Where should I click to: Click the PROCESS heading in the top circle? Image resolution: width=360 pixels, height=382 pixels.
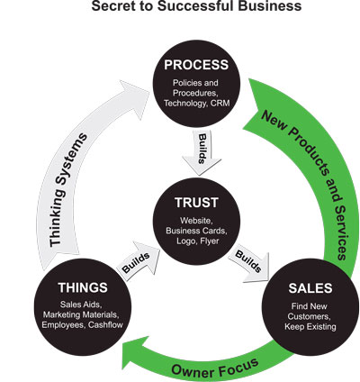tap(196, 65)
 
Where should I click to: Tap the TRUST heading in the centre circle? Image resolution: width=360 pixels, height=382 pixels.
tap(196, 203)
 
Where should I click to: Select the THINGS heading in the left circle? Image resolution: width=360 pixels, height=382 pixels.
tap(83, 287)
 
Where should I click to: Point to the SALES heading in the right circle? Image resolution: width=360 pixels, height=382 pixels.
tap(310, 288)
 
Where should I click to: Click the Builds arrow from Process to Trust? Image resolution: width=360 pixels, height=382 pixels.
tap(202, 152)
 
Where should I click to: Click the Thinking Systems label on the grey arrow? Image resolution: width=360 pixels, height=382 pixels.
tap(67, 191)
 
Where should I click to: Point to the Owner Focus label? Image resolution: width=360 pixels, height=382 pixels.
tap(215, 367)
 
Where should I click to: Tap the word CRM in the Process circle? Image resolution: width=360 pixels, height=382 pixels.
tap(220, 104)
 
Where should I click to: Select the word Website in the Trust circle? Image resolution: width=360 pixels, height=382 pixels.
tap(196, 221)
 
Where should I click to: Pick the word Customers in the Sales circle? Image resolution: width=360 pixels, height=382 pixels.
tap(309, 316)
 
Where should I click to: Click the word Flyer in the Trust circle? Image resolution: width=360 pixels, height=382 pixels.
tap(210, 241)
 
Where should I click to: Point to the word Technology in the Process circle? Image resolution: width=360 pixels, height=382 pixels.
tap(185, 104)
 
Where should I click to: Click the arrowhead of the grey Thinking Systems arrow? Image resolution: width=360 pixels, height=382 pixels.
tap(136, 96)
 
